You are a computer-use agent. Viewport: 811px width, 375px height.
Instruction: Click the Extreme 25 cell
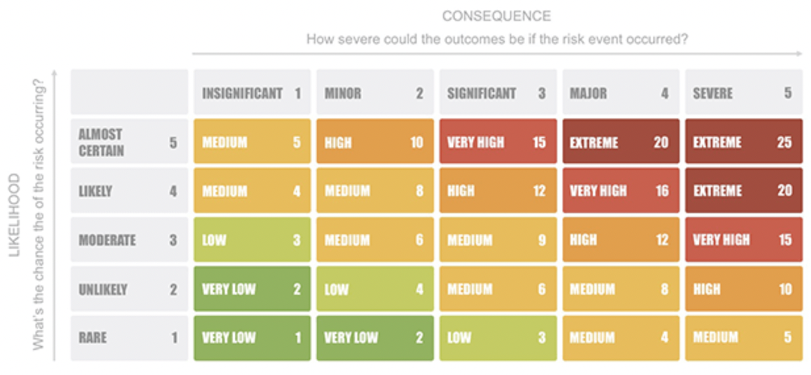tap(743, 141)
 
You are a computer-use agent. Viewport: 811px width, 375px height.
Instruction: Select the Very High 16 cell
tap(620, 190)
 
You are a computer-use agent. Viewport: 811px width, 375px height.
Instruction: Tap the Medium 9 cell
tap(498, 239)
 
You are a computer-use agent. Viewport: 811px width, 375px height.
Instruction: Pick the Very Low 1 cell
tap(252, 337)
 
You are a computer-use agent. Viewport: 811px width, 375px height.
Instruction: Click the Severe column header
tap(743, 93)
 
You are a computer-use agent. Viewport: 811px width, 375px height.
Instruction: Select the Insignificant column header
tap(252, 93)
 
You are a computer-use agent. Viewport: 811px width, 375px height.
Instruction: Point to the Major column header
tap(620, 93)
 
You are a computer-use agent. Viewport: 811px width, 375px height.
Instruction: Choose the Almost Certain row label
tap(129, 141)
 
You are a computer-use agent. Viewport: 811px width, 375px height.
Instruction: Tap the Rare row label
tap(129, 337)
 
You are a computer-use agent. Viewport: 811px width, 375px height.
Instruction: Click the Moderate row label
tap(129, 239)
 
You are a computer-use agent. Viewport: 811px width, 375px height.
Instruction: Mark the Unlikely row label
tap(129, 289)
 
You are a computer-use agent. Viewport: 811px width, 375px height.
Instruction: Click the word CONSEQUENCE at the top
tap(496, 16)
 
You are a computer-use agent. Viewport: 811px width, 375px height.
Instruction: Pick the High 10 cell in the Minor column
tap(375, 141)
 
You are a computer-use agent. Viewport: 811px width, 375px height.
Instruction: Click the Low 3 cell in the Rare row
tap(498, 337)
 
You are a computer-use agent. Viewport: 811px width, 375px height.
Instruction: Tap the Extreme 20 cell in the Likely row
tap(743, 190)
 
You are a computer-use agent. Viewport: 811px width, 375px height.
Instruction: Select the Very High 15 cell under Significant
tap(498, 141)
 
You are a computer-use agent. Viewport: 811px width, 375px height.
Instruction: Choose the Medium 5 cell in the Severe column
tap(743, 337)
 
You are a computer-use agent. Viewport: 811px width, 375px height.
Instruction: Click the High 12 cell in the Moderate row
tap(620, 239)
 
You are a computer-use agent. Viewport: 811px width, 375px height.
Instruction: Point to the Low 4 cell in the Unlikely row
tap(375, 289)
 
